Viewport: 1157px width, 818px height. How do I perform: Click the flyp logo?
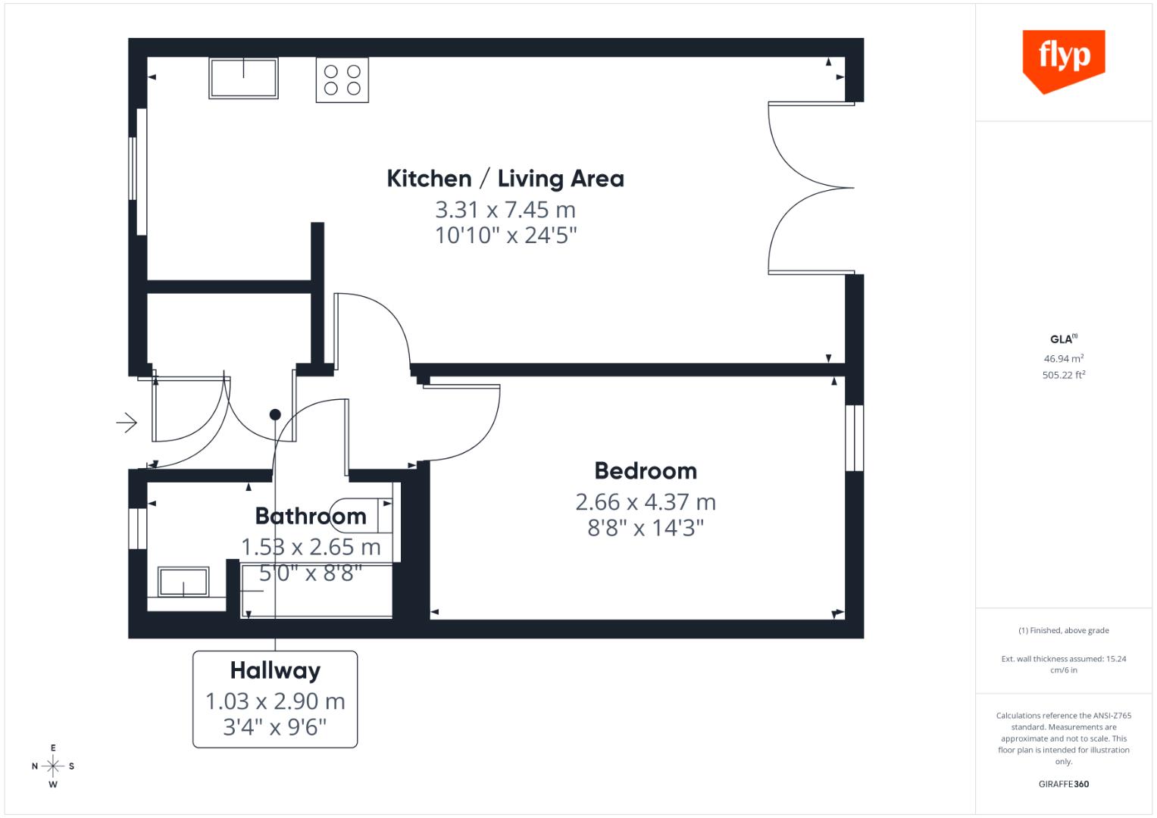[x=1063, y=59]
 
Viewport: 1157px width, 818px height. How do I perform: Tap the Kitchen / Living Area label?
[x=505, y=179]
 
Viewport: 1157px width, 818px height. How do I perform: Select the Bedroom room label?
[x=646, y=471]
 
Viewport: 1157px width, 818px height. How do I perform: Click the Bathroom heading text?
[x=311, y=517]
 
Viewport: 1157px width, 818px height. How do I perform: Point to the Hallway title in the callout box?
[x=275, y=671]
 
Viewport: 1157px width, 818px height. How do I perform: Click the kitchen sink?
[x=243, y=78]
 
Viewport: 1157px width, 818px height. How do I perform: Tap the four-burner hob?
[x=342, y=80]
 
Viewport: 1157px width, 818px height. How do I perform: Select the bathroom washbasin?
[x=183, y=582]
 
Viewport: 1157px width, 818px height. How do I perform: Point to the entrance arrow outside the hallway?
[x=127, y=422]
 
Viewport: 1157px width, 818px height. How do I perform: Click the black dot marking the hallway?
[x=275, y=414]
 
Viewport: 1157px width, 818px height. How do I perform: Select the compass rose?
[x=53, y=766]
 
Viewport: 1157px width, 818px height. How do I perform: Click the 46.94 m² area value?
[x=1063, y=359]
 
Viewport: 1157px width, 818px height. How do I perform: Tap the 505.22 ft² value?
[x=1063, y=375]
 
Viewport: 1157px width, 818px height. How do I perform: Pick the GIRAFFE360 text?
[x=1063, y=784]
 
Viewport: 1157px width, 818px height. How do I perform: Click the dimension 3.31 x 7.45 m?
[x=505, y=210]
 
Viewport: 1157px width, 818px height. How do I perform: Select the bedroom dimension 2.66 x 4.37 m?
[x=646, y=502]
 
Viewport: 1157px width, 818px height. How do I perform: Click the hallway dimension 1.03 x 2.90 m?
[x=275, y=702]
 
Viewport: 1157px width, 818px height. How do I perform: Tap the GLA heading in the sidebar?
[x=1062, y=339]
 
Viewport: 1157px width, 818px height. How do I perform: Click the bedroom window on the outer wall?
[x=854, y=438]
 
